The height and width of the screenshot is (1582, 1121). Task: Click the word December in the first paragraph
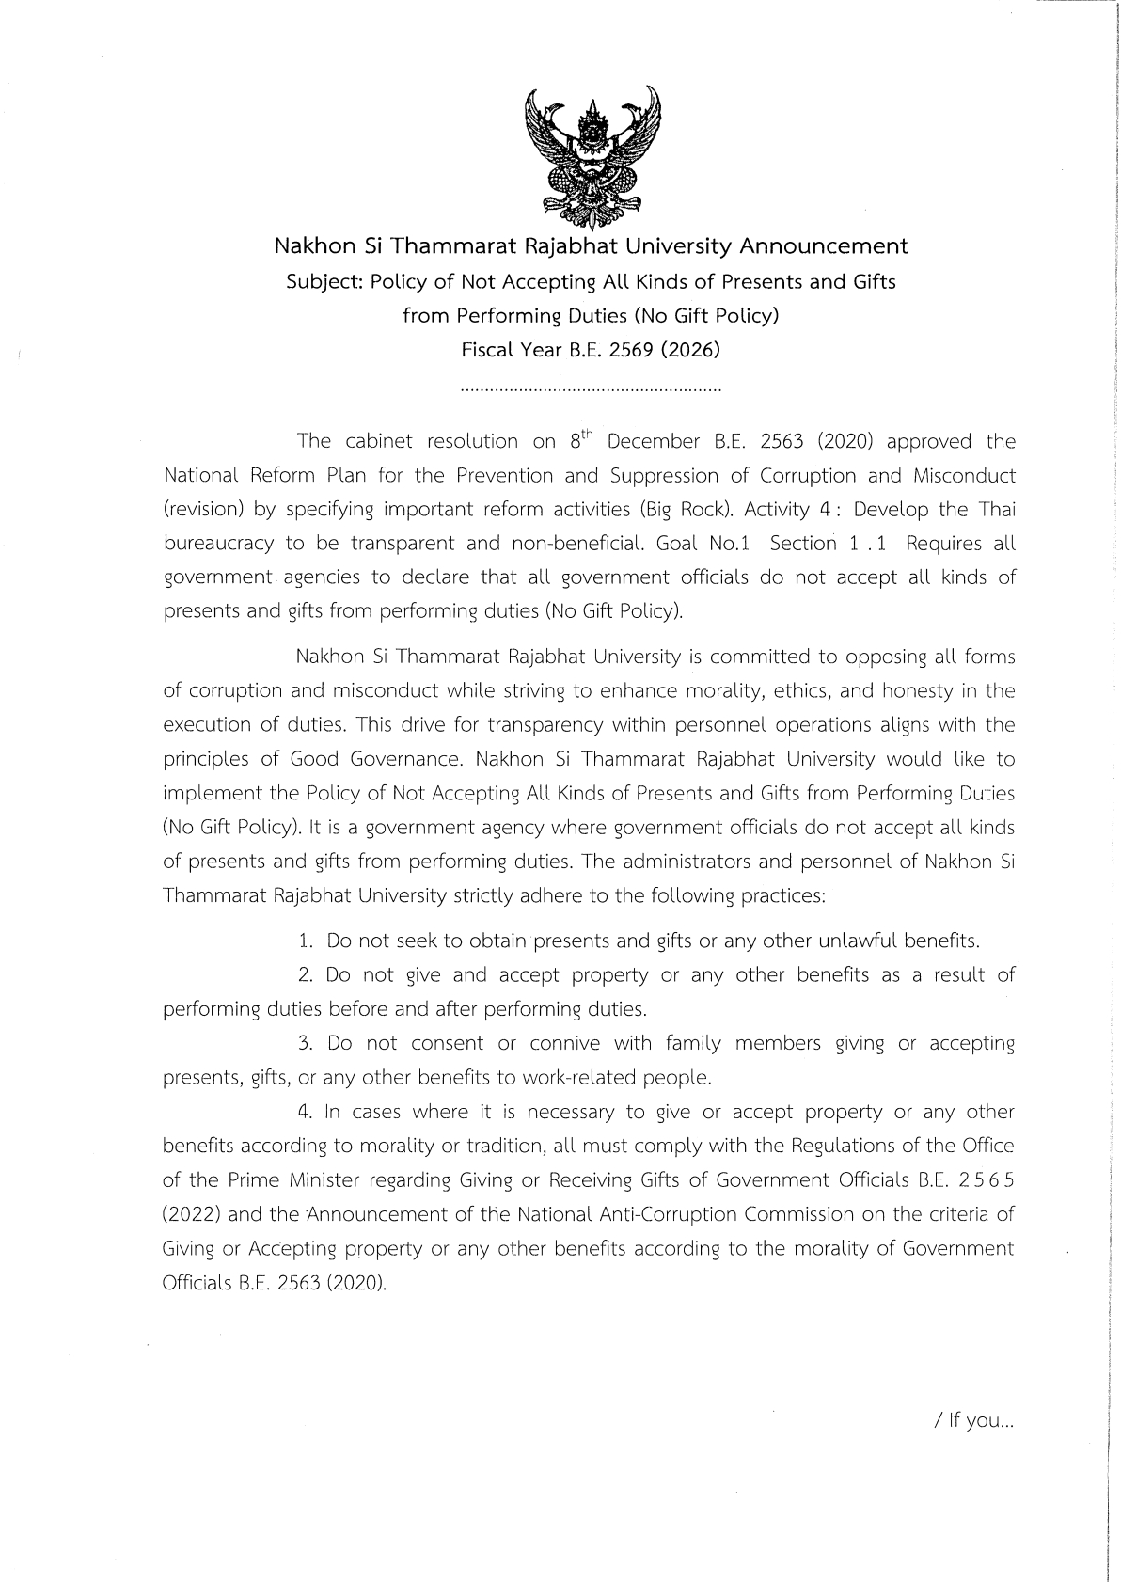tap(654, 441)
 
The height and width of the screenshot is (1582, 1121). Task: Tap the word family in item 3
tap(693, 1043)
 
